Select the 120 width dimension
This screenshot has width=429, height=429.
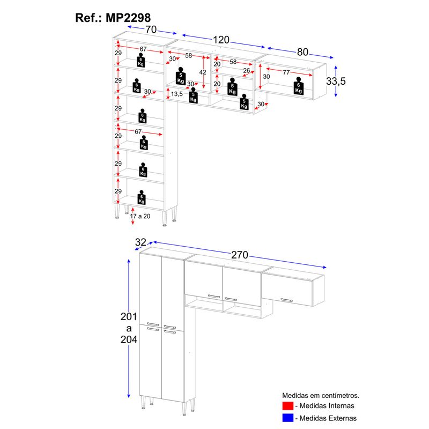coord(220,40)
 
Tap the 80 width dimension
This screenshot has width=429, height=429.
coord(302,53)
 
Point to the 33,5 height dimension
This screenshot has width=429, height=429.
coord(336,81)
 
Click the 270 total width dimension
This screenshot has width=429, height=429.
coord(240,255)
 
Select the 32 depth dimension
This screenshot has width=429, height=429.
coord(141,242)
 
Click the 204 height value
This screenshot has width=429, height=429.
coord(129,339)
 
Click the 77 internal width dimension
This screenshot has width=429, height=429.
coord(286,72)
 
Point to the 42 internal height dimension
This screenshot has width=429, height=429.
coord(203,72)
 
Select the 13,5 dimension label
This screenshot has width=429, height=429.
coord(177,94)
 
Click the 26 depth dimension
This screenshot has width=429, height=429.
coord(247,70)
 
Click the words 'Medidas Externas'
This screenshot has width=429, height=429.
coord(329,418)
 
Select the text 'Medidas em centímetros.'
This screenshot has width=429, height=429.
coord(321,394)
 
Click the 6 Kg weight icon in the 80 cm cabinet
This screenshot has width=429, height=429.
coord(298,86)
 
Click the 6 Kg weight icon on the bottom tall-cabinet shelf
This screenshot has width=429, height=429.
coord(142,197)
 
